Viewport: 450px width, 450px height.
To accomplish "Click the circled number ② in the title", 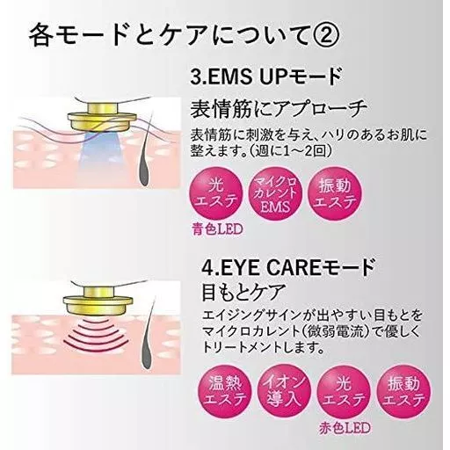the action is click(x=322, y=35).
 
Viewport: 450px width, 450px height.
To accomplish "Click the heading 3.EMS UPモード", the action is click(x=266, y=76).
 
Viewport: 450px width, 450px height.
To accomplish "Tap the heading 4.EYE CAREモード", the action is click(x=288, y=267).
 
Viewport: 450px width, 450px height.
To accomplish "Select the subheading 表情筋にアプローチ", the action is click(x=279, y=109).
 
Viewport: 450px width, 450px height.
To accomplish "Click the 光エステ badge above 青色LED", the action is click(x=216, y=194).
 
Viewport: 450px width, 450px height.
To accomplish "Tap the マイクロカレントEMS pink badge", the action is click(x=274, y=194).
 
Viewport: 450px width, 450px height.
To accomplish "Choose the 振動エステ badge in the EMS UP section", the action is click(x=335, y=194).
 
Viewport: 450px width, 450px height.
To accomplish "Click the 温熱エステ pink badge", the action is click(x=225, y=391).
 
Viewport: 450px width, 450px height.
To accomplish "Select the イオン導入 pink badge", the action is click(x=284, y=391).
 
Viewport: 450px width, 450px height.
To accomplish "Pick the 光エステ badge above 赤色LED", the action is click(x=344, y=391).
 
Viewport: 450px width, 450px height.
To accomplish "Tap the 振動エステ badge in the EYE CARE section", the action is click(x=403, y=391).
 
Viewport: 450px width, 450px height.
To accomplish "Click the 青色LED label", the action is click(x=217, y=229).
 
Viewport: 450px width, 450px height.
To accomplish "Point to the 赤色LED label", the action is click(x=345, y=429).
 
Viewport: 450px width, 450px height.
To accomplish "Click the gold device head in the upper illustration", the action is click(x=102, y=117).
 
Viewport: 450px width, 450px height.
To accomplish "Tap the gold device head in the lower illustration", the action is click(x=98, y=301).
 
